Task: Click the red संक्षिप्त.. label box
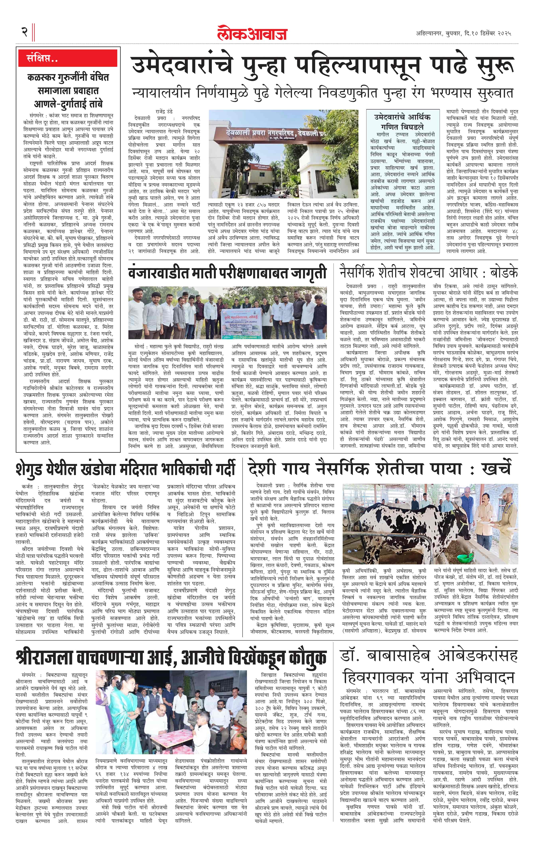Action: coord(68,58)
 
